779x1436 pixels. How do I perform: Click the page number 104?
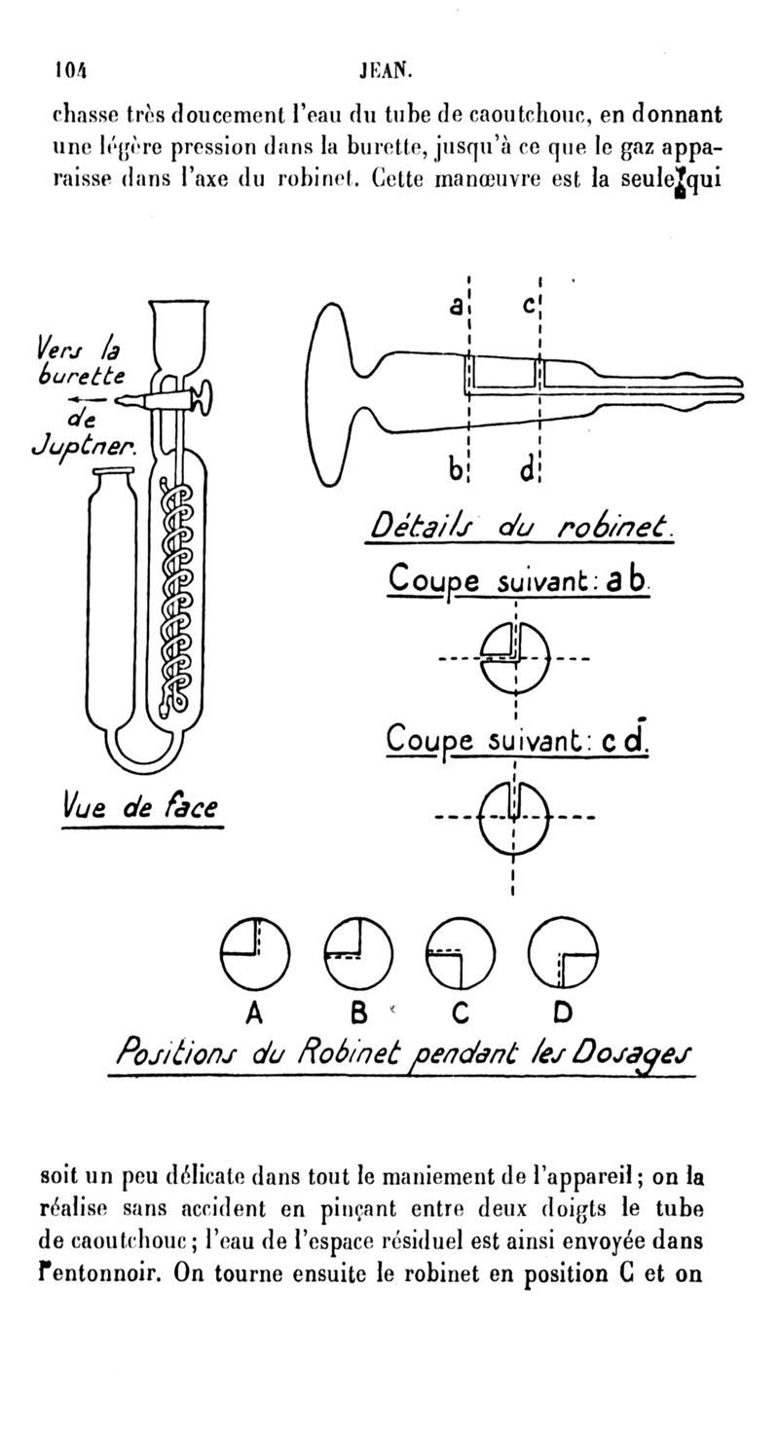(x=69, y=69)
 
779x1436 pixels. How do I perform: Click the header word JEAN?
(x=387, y=69)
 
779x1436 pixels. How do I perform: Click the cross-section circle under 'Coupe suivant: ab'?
(x=515, y=658)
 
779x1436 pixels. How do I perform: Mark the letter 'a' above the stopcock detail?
(x=455, y=306)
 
